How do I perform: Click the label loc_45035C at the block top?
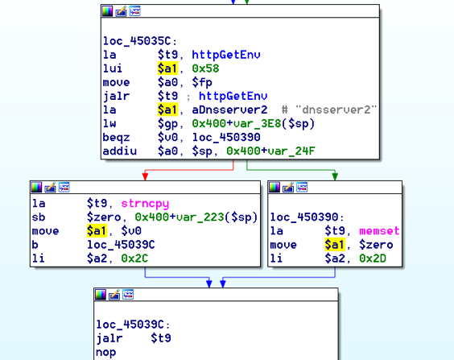click(x=140, y=41)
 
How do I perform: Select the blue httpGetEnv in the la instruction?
click(x=226, y=55)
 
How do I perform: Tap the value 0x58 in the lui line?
click(x=205, y=68)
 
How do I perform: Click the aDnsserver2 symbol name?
click(x=229, y=110)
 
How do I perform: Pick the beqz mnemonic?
click(x=117, y=137)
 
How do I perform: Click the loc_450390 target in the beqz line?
click(x=226, y=137)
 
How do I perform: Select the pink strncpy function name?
click(x=145, y=204)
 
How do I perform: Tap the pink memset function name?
click(x=379, y=231)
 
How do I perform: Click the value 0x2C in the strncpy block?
click(x=134, y=259)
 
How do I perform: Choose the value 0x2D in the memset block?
click(x=373, y=259)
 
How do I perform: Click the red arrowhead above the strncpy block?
click(x=146, y=176)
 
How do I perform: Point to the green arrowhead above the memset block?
click(x=335, y=176)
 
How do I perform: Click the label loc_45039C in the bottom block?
click(x=133, y=325)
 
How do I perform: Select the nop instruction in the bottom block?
click(x=106, y=352)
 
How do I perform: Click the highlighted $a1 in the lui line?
click(x=167, y=68)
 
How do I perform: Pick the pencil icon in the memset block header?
click(x=288, y=188)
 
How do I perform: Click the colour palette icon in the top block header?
click(x=107, y=11)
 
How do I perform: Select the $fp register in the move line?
click(x=202, y=82)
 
